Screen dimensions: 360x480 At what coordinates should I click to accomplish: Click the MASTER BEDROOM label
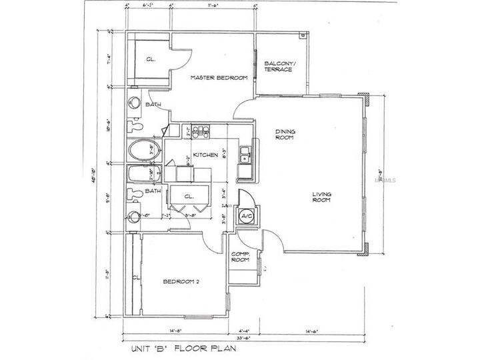[219, 78]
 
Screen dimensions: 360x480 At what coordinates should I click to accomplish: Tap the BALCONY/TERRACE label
[279, 67]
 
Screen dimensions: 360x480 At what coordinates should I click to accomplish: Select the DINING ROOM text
[285, 135]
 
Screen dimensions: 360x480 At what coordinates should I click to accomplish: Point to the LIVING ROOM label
[323, 198]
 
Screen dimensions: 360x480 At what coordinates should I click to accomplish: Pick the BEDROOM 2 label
[181, 282]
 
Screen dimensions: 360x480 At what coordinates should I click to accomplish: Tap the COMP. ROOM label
[240, 258]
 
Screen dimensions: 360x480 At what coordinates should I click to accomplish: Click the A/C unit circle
[245, 217]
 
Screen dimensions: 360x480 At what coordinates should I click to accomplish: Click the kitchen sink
[245, 154]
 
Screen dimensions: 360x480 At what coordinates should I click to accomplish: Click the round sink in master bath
[134, 103]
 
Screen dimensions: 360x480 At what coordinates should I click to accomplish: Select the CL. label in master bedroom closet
[151, 59]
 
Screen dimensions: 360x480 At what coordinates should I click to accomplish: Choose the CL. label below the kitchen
[189, 197]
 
